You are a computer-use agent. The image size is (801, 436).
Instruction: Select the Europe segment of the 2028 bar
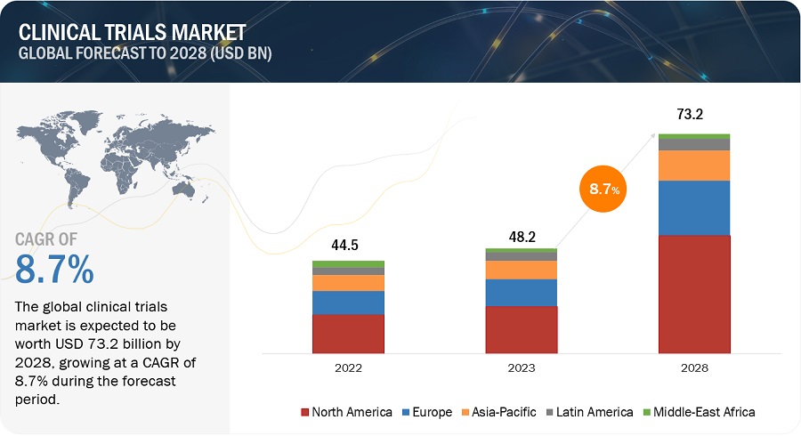(694, 208)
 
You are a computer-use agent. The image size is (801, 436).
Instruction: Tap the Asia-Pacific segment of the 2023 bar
(521, 270)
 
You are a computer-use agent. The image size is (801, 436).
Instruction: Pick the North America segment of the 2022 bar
(348, 335)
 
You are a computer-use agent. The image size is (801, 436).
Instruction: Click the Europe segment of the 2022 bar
(348, 303)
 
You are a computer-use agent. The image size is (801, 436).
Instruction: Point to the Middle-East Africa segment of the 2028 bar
(694, 136)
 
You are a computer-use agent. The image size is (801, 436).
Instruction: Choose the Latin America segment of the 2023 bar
(521, 256)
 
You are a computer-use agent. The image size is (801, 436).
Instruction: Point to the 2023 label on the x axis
(521, 367)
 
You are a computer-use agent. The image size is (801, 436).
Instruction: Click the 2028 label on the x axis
(694, 367)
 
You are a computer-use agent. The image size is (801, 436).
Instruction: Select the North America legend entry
(347, 412)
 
